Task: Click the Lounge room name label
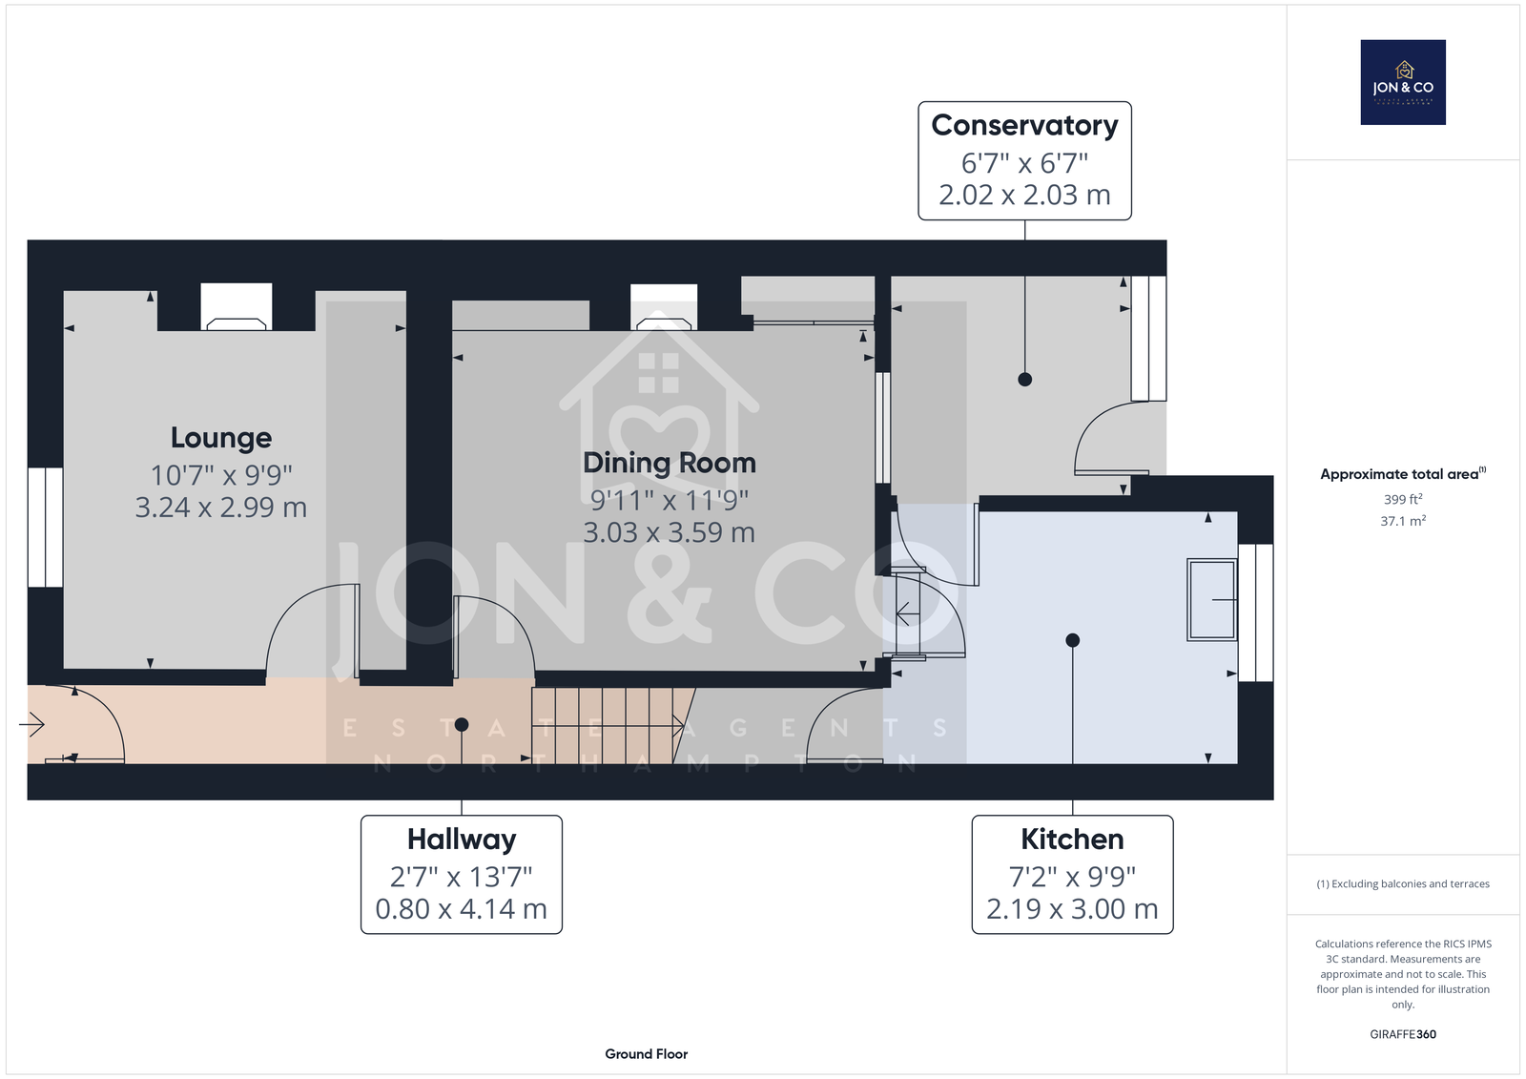(x=220, y=438)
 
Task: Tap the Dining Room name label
(x=669, y=463)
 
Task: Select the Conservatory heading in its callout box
(x=1024, y=126)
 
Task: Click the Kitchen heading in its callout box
(x=1072, y=840)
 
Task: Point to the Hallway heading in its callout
(x=462, y=840)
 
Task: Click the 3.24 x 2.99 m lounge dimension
(x=220, y=508)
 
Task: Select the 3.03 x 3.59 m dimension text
(x=669, y=532)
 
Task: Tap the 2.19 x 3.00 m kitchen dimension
(x=1072, y=908)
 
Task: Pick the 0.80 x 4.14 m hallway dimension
(x=462, y=908)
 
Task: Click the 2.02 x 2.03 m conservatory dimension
(x=1024, y=195)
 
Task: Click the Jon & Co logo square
(x=1403, y=82)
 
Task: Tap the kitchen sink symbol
(x=1212, y=600)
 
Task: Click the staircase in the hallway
(x=613, y=726)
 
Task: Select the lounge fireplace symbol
(x=237, y=307)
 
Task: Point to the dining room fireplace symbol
(x=664, y=307)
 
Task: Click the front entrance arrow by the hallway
(x=31, y=724)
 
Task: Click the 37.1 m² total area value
(x=1403, y=521)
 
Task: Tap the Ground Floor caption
(x=646, y=1054)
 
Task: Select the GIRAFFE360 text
(x=1403, y=1034)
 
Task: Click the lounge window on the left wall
(x=45, y=527)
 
